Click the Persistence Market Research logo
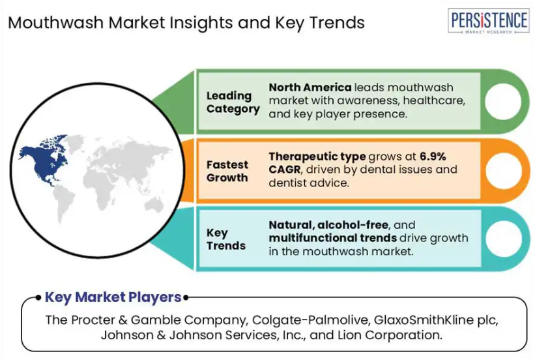(488, 21)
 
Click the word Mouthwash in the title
(55, 23)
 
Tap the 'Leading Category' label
(233, 102)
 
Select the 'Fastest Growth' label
(227, 171)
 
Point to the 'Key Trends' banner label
(226, 239)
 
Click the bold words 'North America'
(310, 87)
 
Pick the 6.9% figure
(433, 157)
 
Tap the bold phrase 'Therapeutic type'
(317, 157)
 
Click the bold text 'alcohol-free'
(353, 225)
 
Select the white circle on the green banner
(503, 102)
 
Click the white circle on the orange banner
(503, 171)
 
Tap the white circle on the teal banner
(503, 239)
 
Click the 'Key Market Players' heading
(113, 297)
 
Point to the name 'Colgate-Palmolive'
(310, 320)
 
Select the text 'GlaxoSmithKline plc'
(436, 320)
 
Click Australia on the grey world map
(154, 205)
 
